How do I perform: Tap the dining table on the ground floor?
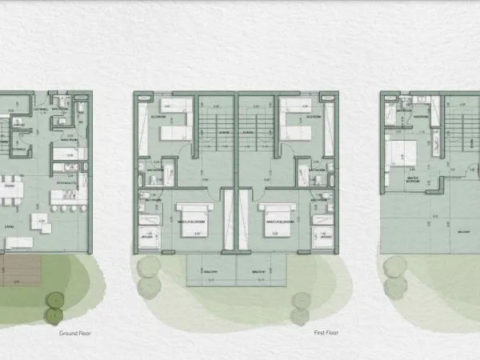click(x=10, y=190)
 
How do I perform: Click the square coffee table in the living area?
click(x=38, y=219)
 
